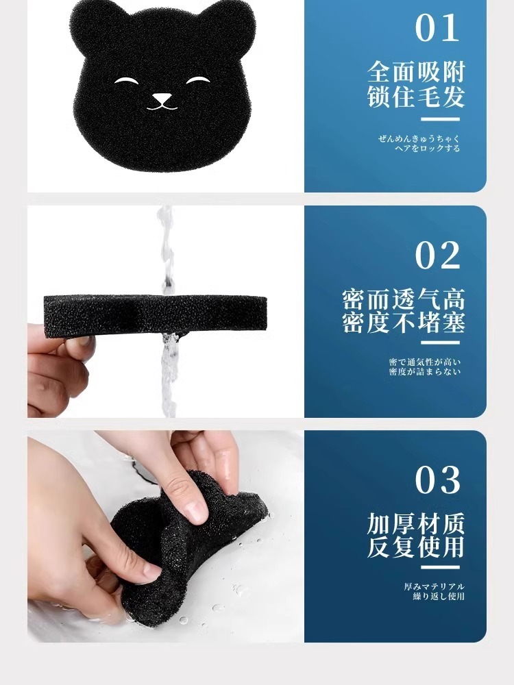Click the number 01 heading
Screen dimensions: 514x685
437,28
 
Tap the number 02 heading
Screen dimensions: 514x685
437,256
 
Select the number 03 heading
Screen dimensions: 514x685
437,480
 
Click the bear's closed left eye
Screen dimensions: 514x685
125,80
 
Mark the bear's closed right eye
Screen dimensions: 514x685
197,80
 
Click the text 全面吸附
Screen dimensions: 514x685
416,72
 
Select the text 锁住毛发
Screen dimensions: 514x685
416,97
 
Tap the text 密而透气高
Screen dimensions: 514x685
404,299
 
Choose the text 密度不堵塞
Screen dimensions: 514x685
404,323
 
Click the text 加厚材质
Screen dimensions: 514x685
416,524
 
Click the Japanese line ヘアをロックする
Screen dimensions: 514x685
428,149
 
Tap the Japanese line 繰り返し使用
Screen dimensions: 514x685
439,597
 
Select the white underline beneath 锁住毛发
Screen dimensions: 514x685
441,119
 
